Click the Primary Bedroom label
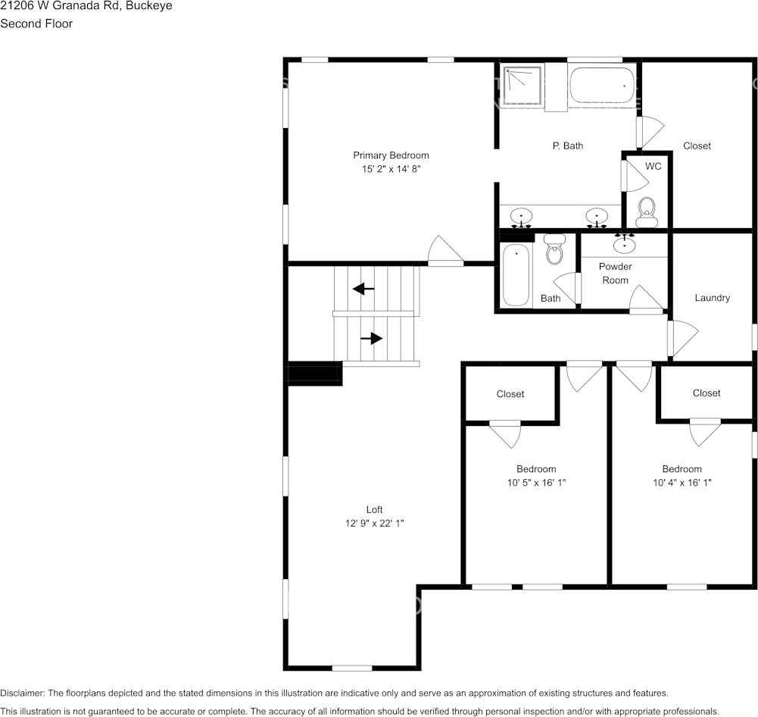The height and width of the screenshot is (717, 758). pos(391,155)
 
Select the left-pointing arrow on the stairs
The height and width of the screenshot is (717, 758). pos(363,288)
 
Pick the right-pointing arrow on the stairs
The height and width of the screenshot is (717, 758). pos(372,338)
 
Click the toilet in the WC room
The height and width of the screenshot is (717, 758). pos(647,211)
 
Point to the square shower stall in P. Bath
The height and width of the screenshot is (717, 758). pos(523,86)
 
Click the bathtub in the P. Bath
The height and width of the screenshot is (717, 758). pos(602,86)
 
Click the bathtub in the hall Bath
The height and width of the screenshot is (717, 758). pos(516,274)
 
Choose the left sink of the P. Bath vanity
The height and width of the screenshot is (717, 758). pos(521,217)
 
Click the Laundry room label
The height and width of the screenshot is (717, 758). pos(712,298)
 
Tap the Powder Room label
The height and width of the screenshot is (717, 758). pos(615,273)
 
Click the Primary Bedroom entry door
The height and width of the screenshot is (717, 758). pos(445,252)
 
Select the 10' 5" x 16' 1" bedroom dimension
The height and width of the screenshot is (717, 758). pos(536,482)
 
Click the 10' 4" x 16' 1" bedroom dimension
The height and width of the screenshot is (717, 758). pos(682,482)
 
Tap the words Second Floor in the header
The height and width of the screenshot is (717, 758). pos(36,23)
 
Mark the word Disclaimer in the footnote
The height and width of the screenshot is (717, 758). pos(22,693)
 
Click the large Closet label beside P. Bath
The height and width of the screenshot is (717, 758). pos(697,146)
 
